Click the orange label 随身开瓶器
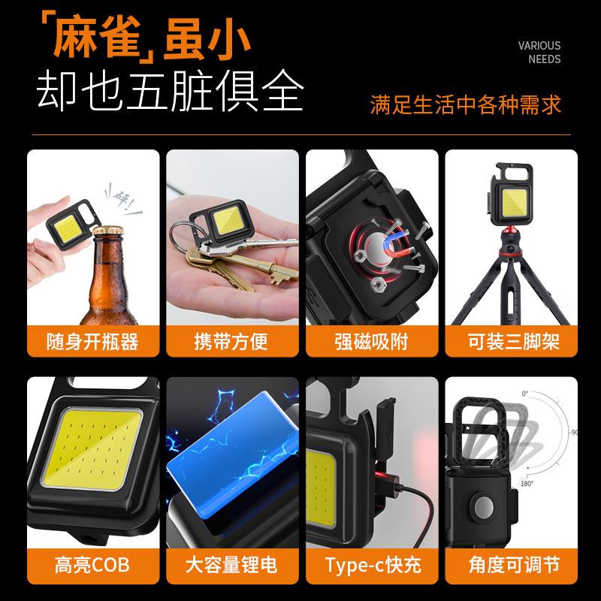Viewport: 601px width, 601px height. [92, 342]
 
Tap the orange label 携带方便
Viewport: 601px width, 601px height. [231, 342]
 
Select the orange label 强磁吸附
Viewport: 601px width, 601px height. [371, 342]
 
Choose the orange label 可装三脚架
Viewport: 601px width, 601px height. [511, 342]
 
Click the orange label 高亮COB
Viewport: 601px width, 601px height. [92, 564]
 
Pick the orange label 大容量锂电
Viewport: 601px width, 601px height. [231, 564]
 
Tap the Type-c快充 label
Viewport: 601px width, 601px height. [371, 564]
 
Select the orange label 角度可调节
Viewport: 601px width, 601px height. [511, 564]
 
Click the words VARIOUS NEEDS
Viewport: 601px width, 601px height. [539, 53]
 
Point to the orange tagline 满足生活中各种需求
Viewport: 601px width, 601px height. [465, 104]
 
